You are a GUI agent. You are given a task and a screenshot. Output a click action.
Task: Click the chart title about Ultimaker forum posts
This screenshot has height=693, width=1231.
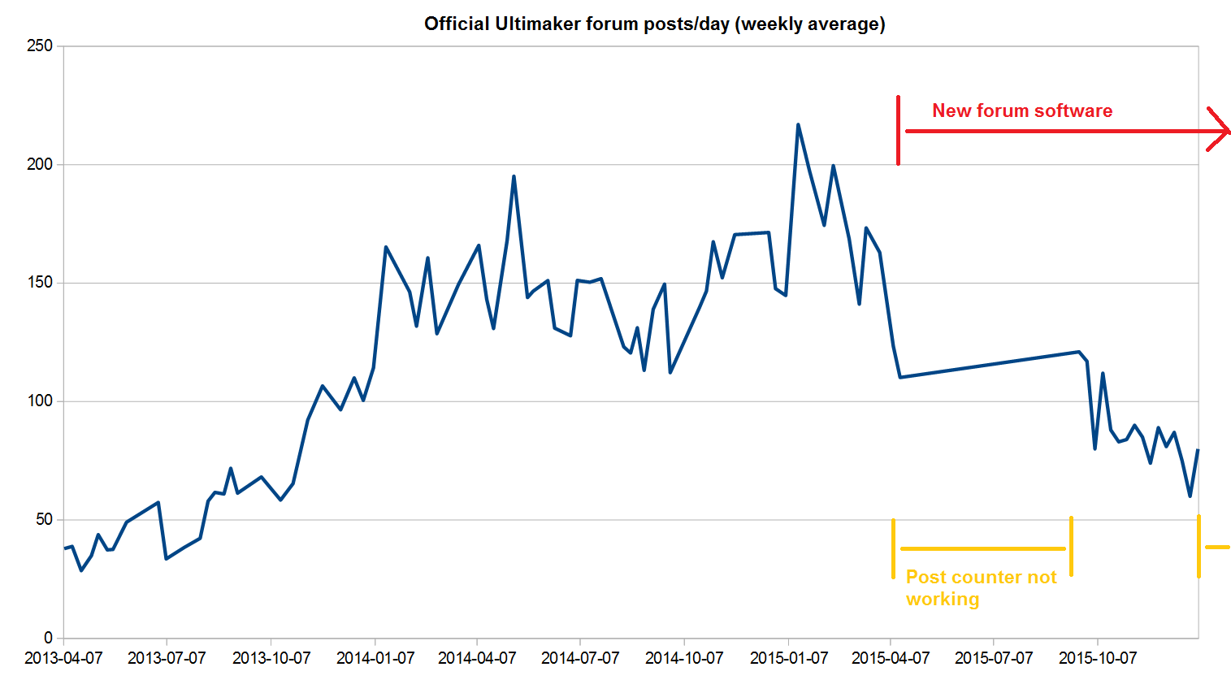click(654, 24)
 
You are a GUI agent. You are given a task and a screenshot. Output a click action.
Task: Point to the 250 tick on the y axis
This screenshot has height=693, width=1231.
click(39, 46)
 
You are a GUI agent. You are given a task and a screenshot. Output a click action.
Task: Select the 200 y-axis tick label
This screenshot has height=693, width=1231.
click(39, 164)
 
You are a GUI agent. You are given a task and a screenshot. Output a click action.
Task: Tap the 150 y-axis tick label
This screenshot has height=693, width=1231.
click(39, 283)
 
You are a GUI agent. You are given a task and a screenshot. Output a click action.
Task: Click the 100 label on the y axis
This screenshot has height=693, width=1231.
click(39, 401)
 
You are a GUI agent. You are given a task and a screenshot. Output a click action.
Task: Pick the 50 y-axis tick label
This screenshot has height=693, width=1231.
click(43, 519)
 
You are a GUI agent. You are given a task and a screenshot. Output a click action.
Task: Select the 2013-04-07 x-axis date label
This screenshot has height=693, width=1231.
click(63, 658)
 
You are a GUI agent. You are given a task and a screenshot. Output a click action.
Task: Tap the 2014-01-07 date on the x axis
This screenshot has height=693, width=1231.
click(375, 658)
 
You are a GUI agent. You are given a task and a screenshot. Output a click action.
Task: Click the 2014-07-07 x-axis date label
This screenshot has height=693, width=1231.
click(580, 658)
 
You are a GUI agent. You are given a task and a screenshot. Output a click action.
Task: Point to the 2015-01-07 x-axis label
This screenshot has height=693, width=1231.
click(788, 658)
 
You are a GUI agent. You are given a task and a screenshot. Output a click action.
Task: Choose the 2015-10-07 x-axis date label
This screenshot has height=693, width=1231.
click(1097, 658)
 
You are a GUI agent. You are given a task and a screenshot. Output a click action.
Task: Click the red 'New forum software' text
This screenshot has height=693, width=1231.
click(1021, 110)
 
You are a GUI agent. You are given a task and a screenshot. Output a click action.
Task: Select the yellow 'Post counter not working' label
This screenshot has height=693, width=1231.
click(981, 587)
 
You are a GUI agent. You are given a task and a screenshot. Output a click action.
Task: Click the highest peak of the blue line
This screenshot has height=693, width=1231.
click(798, 125)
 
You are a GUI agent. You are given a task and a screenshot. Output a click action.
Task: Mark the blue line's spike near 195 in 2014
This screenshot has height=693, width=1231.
click(514, 176)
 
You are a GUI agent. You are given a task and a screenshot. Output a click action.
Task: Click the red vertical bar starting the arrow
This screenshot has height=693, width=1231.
click(898, 130)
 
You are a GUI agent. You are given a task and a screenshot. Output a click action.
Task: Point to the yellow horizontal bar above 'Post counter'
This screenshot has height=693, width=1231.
click(982, 548)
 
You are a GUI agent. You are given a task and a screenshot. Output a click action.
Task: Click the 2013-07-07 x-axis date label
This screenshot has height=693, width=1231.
click(167, 658)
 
